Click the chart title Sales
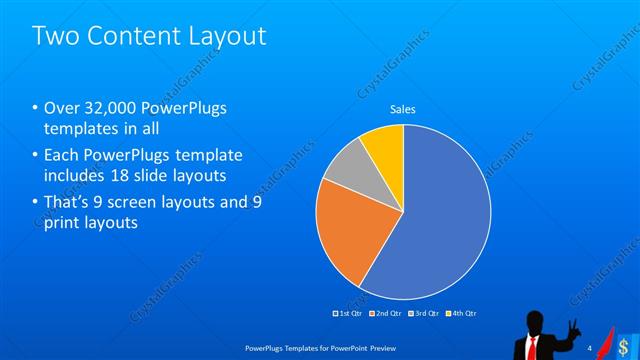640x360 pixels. (402, 109)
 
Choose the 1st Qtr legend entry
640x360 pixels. (347, 313)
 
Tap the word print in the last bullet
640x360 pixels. (63, 223)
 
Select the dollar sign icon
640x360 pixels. (625, 346)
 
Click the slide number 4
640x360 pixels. (590, 346)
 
